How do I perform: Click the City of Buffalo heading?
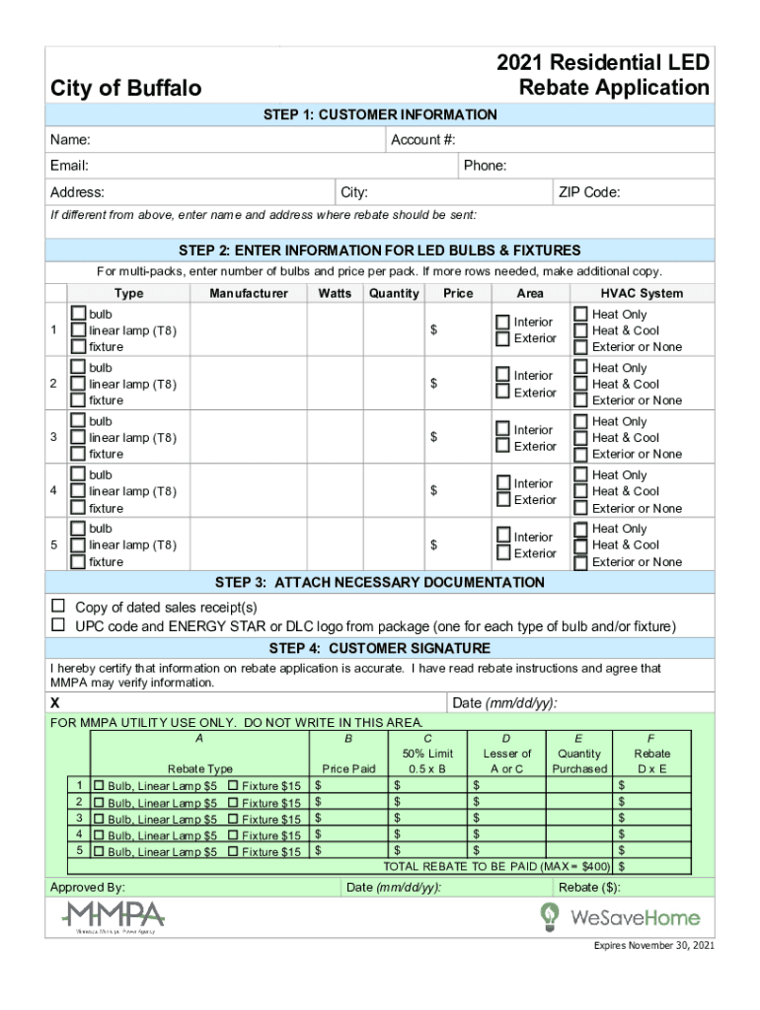[126, 89]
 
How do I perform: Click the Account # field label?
[430, 140]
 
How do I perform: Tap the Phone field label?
[485, 166]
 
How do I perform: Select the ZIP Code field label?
[589, 192]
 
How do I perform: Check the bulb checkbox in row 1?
[77, 314]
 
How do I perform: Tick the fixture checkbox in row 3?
[77, 455]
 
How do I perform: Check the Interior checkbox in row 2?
[503, 375]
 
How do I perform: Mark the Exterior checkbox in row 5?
[503, 553]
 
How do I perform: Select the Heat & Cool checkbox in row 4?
[581, 491]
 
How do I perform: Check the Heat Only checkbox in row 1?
[581, 314]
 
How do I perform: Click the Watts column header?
[335, 293]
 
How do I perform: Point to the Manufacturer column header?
[249, 293]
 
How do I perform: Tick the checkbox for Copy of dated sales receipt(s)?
[58, 606]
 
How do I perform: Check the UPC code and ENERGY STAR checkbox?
[58, 625]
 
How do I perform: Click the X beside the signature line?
[55, 703]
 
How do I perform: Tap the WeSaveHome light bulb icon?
[548, 917]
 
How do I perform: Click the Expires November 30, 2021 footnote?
[653, 946]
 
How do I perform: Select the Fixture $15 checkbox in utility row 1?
[233, 785]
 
